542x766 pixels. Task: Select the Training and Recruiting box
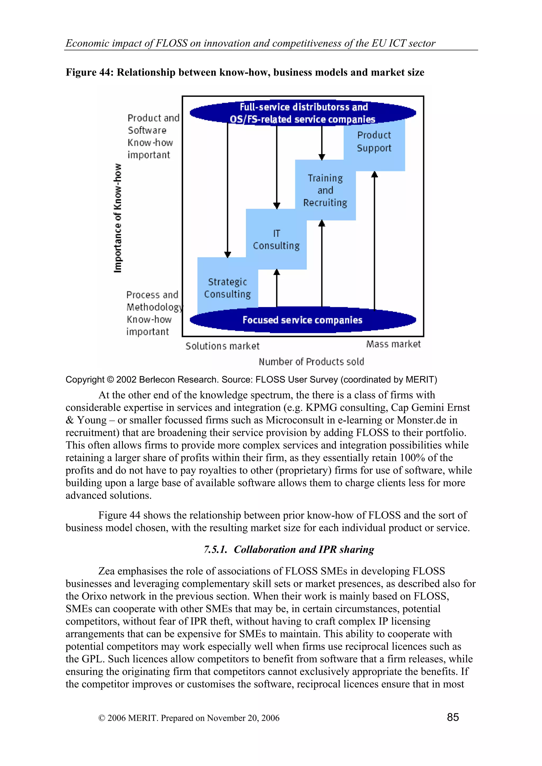point(325,190)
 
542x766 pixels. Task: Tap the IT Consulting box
point(276,239)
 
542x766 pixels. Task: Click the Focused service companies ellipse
point(302,320)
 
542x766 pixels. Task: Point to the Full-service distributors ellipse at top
point(302,113)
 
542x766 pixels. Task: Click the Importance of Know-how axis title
point(118,218)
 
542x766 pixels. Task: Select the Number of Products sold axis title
point(311,362)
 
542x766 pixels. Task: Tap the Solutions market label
point(222,346)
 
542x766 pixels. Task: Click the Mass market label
point(393,344)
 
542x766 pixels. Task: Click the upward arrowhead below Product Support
point(374,174)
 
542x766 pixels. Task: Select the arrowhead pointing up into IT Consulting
point(277,272)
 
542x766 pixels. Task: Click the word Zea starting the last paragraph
point(106,571)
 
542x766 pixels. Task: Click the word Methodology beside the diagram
point(155,307)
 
